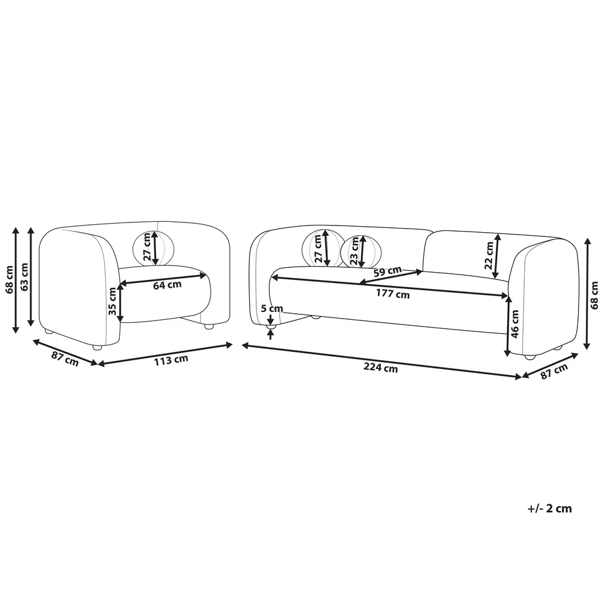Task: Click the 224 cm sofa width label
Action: point(380,368)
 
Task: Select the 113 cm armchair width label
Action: point(171,360)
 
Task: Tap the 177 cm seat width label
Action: point(393,294)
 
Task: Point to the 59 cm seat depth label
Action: point(388,271)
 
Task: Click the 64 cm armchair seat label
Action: point(167,285)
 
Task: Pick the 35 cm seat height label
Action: point(112,301)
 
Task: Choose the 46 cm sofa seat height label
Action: point(515,323)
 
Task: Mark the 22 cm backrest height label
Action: point(489,255)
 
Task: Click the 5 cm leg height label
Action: point(272,308)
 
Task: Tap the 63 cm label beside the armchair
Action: point(24,277)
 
